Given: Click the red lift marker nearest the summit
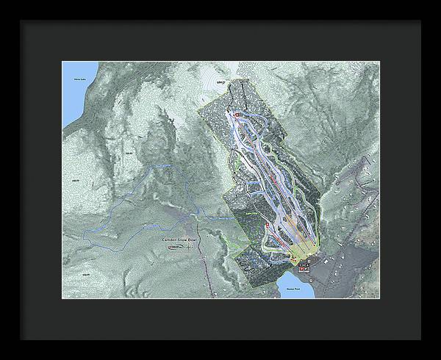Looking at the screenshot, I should [229, 113].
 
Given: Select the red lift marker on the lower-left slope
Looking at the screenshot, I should [267, 223].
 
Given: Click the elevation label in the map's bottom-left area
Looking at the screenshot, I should [85, 274].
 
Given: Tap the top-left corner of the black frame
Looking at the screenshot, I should [21, 21].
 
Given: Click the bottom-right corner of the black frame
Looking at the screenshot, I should [420, 339].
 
